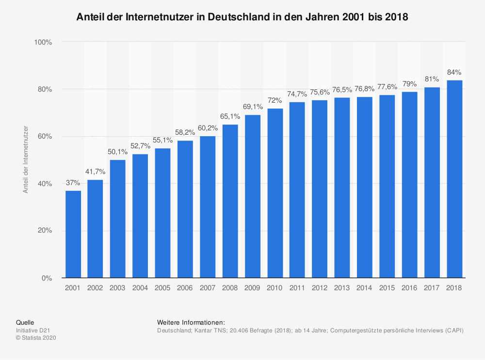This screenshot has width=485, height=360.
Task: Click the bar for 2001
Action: tap(73, 235)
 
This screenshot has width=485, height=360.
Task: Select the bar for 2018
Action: tap(454, 179)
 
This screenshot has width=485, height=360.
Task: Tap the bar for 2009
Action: tap(252, 197)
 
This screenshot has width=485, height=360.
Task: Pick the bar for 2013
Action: tap(342, 188)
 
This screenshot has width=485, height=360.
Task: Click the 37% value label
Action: tap(73, 183)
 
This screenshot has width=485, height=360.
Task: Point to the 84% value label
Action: tap(454, 72)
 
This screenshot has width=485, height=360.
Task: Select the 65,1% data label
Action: tap(230, 116)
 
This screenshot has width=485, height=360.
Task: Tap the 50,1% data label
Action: tap(117, 152)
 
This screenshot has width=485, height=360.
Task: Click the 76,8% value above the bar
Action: tap(364, 89)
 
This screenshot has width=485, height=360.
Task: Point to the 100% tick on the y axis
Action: tap(43, 42)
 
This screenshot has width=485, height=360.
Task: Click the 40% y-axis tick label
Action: tap(44, 184)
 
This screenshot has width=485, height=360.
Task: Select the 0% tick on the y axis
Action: tap(46, 278)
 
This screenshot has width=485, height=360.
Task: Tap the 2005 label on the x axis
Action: tap(162, 288)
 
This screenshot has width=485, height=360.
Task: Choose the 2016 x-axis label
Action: tap(409, 288)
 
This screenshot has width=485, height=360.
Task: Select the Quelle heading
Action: tap(25, 322)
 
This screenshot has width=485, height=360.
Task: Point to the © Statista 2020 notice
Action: tap(36, 338)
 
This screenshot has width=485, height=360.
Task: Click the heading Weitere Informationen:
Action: tap(191, 322)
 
